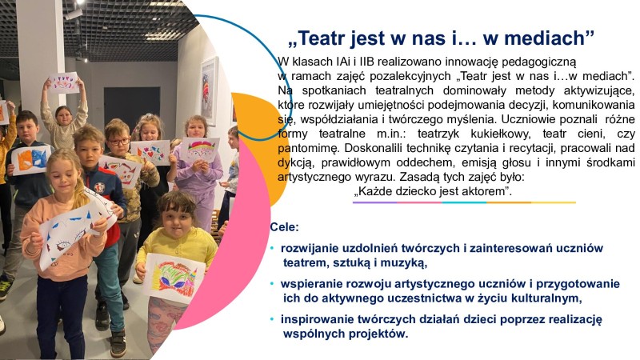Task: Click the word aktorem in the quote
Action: tap(486, 193)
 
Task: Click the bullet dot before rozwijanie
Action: tap(273, 249)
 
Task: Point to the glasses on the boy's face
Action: tap(118, 142)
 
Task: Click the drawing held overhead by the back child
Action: tap(64, 82)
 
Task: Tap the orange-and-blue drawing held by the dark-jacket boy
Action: tap(31, 158)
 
